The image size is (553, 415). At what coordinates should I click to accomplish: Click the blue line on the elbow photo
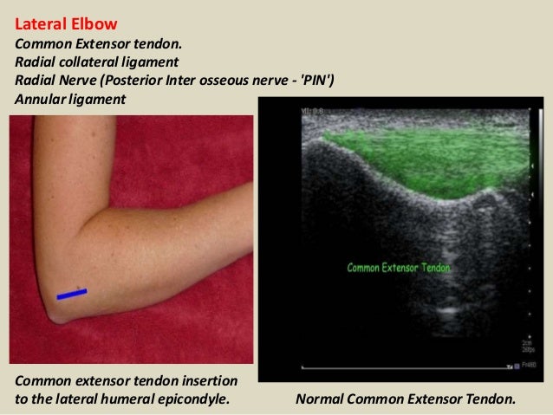coord(72,295)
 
